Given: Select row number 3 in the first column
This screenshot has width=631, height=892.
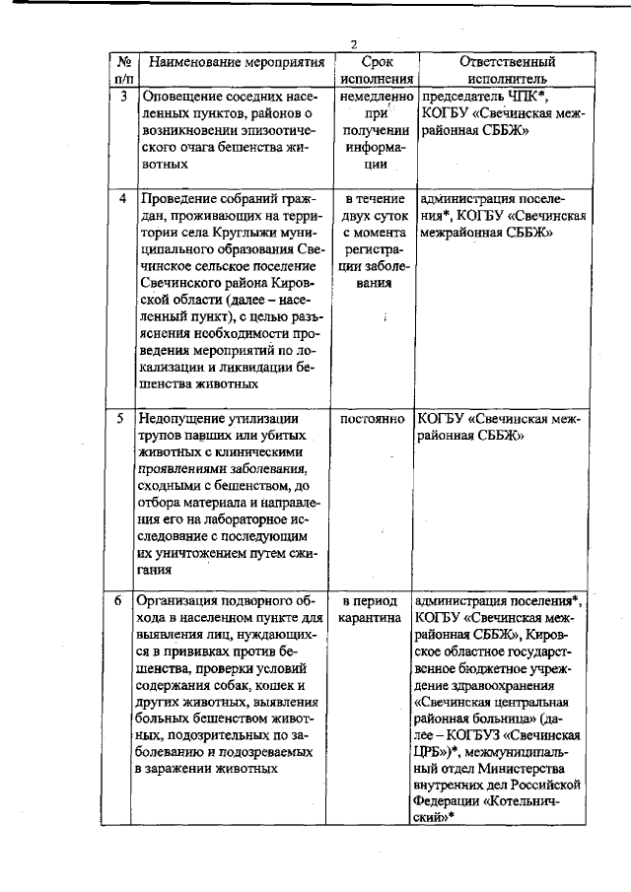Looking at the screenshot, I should tap(121, 97).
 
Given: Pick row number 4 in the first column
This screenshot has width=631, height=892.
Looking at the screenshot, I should tap(121, 198).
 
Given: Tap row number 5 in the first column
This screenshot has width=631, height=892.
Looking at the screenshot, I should tap(120, 418).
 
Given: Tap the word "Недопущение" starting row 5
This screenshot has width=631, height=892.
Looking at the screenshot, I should tap(185, 418).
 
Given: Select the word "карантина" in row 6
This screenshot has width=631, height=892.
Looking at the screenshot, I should tap(370, 618).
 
